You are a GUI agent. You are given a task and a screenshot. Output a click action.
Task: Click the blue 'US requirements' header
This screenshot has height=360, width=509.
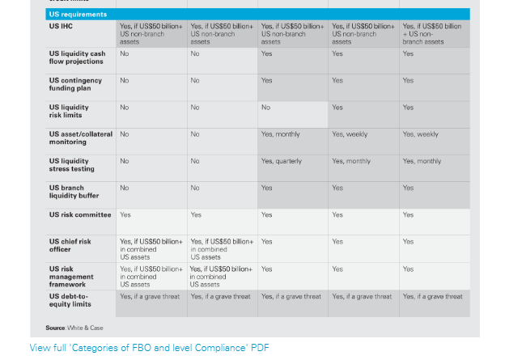(78, 15)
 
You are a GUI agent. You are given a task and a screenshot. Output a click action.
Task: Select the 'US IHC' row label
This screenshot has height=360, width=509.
(61, 27)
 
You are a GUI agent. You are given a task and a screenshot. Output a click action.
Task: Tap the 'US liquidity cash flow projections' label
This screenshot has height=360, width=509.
(77, 57)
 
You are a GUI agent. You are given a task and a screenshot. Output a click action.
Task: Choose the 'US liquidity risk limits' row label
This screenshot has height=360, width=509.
(69, 111)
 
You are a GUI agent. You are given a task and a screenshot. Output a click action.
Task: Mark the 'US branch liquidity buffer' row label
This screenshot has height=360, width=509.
(74, 191)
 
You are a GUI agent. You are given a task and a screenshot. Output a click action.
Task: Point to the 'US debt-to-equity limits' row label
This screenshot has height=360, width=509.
(73, 300)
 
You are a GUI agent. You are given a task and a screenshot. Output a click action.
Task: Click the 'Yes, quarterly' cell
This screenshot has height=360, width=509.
(281, 161)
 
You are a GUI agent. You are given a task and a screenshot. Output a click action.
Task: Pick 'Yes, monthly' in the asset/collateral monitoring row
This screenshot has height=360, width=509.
(280, 134)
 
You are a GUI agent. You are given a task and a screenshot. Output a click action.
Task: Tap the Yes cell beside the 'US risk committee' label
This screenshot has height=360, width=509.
(125, 215)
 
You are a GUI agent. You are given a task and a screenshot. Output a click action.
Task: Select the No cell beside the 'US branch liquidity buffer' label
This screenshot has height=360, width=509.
(125, 188)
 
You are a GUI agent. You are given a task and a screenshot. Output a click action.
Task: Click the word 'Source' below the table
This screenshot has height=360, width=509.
(55, 328)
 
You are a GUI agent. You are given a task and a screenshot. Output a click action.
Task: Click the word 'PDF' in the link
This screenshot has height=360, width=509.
(260, 348)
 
